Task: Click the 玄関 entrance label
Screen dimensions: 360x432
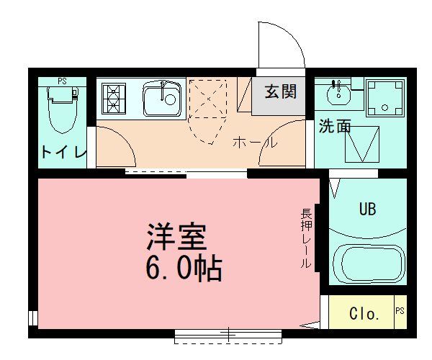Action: [280, 92]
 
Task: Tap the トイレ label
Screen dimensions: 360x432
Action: [63, 152]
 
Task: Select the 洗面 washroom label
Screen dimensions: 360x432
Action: [335, 126]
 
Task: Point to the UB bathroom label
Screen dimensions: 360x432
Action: [367, 210]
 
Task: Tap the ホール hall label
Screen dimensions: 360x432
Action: [255, 143]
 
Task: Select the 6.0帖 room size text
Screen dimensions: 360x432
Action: [184, 269]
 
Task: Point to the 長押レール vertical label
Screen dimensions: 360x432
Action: [306, 238]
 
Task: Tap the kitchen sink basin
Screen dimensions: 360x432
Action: [163, 99]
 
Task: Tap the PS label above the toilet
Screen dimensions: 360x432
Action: [63, 81]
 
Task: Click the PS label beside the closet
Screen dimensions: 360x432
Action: [400, 311]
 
